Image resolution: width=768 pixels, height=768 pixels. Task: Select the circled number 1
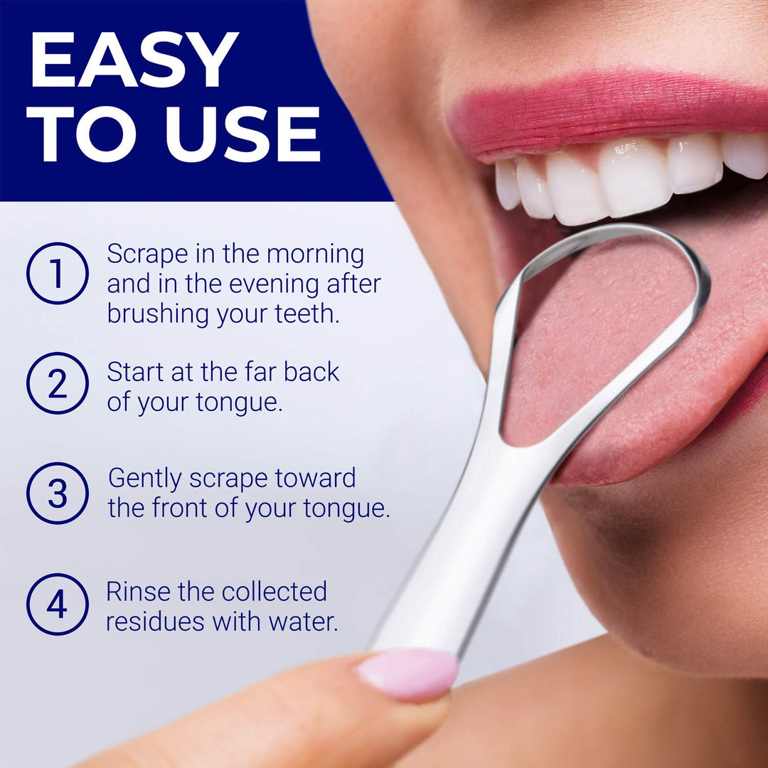58,273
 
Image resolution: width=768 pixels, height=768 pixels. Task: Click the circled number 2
58,383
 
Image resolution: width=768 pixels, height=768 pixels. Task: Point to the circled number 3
58,494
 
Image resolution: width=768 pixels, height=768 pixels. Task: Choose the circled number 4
58,604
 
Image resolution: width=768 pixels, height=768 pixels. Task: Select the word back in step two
311,372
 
